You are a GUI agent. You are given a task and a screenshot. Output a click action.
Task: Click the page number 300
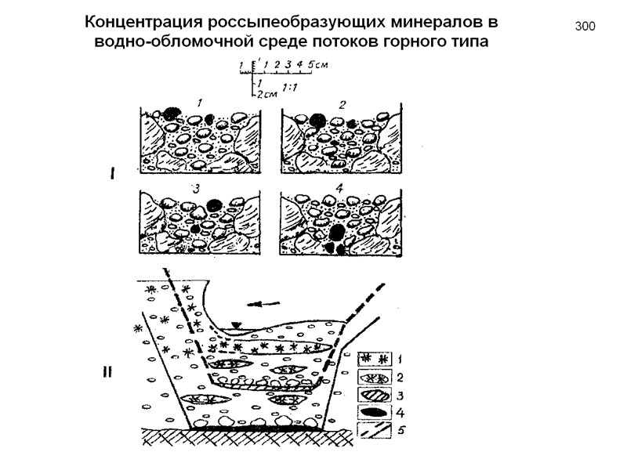[x=585, y=27]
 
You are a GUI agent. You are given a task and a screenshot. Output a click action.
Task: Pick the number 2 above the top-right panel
[x=342, y=104]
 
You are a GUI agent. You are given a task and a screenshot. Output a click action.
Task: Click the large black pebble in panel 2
[x=317, y=120]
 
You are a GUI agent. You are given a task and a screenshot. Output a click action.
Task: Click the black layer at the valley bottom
[x=259, y=428]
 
